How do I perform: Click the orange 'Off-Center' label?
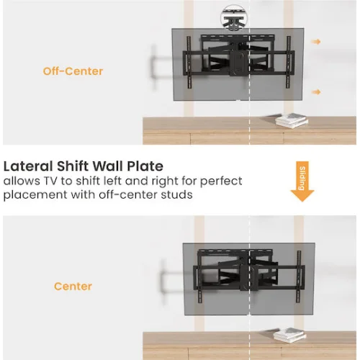click(73, 71)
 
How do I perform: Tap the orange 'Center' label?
click(73, 287)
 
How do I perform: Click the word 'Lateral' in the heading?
click(28, 166)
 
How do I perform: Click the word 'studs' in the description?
click(176, 194)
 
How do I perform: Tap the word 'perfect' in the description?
click(221, 181)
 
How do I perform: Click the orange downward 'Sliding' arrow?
click(302, 181)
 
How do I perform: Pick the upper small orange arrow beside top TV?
click(316, 42)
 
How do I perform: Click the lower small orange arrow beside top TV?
click(316, 92)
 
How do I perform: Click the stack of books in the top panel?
click(292, 121)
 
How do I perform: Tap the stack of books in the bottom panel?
click(289, 336)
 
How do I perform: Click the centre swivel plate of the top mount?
click(238, 63)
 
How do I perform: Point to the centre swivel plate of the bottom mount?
click(249, 278)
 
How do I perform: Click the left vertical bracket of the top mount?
click(189, 63)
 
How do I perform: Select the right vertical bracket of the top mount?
click(289, 62)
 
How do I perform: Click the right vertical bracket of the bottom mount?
click(299, 276)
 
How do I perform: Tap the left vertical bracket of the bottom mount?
click(199, 277)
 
